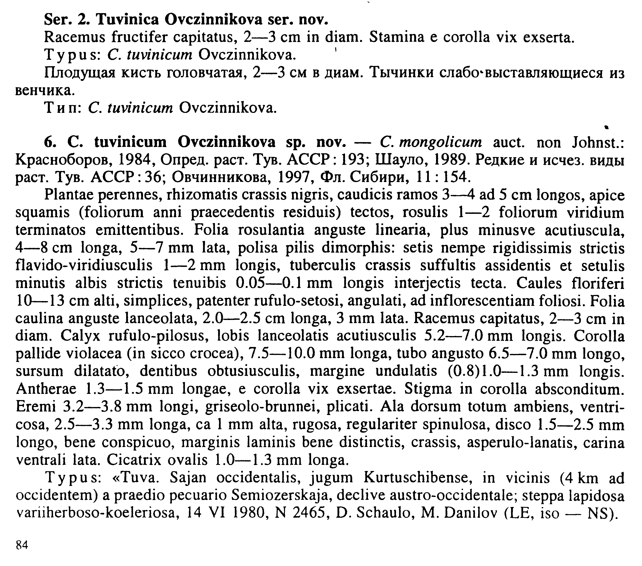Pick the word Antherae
click(x=46, y=389)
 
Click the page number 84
click(x=22, y=545)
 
